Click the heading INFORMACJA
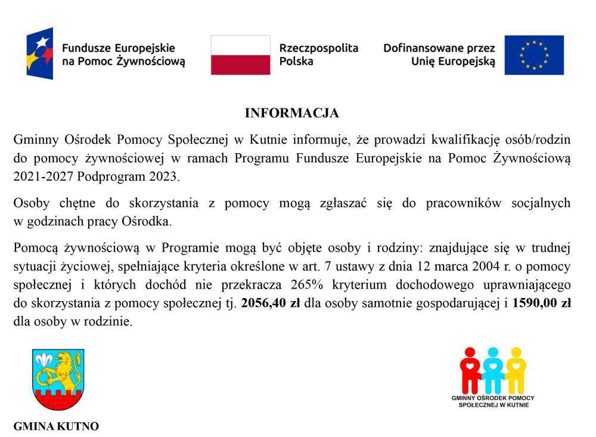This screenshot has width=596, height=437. click(291, 113)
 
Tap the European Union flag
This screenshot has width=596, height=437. click(534, 55)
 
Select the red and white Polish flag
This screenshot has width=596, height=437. click(240, 55)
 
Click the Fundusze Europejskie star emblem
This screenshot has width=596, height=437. click(39, 54)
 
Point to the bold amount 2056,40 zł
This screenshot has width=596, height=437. click(270, 303)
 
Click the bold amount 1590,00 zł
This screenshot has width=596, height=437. click(541, 303)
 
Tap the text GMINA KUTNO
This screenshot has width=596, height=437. click(56, 426)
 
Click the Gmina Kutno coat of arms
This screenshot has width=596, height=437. click(58, 379)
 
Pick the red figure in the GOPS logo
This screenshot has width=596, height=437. click(471, 370)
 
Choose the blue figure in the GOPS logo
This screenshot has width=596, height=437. click(493, 370)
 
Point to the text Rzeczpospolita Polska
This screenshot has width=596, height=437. click(318, 54)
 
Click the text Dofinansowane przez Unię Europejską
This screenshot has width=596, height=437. click(439, 54)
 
